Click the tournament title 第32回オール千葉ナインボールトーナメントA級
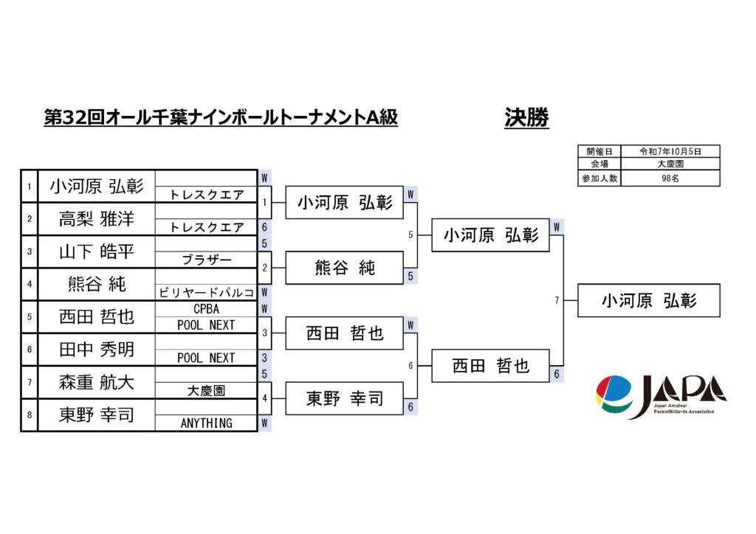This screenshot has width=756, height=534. [221, 118]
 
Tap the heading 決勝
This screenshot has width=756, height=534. [526, 118]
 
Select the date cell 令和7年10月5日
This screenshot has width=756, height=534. [670, 150]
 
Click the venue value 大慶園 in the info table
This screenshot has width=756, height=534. [670, 164]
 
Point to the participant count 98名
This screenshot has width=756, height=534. [670, 178]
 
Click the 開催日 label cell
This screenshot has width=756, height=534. [599, 150]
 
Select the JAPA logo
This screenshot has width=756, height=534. [660, 396]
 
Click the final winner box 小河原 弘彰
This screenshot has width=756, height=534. [648, 300]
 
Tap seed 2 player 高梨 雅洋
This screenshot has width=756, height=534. [96, 218]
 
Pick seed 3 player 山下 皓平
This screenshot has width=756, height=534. [96, 252]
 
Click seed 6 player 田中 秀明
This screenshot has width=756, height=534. [96, 349]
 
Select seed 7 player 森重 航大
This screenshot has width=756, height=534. [96, 382]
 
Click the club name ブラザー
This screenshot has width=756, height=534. [206, 260]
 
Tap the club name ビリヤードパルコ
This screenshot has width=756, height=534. [206, 293]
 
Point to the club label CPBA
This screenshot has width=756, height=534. [206, 309]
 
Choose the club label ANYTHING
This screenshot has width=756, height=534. [206, 423]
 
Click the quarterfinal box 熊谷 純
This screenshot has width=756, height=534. [344, 268]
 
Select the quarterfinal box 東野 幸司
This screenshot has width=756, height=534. [344, 398]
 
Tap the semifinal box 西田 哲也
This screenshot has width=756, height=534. [490, 366]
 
